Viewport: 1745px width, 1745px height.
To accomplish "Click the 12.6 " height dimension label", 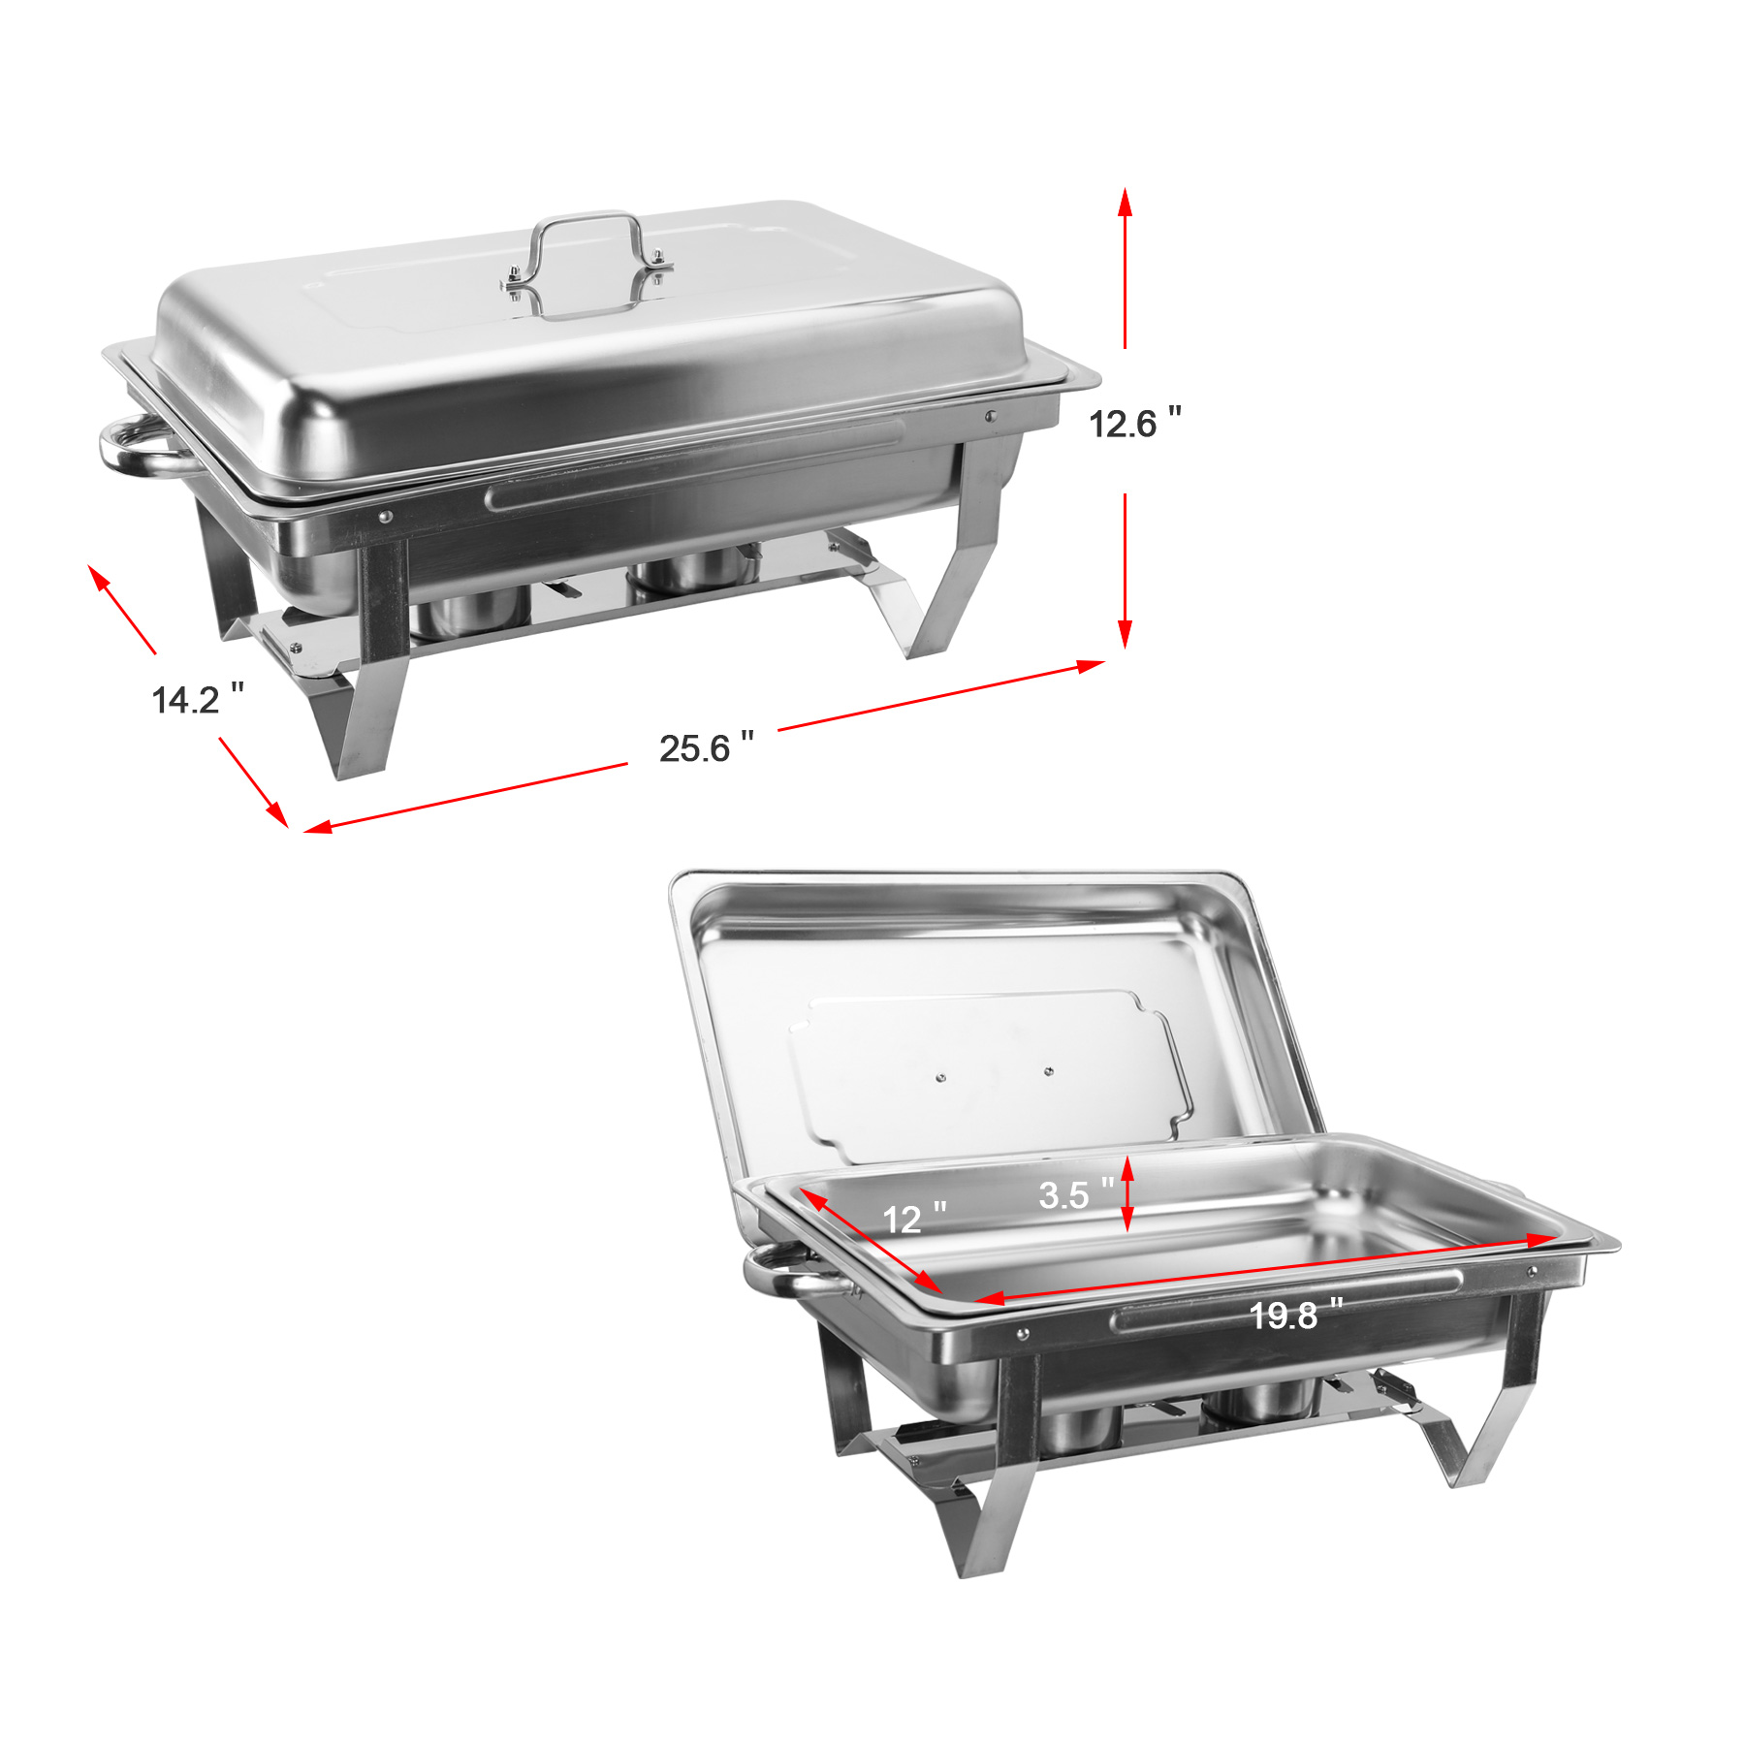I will [1134, 424].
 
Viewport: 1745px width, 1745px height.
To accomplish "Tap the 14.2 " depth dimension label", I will [197, 699].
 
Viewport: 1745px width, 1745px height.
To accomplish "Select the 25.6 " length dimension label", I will [706, 747].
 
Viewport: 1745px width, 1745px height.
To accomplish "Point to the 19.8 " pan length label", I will [1295, 1316].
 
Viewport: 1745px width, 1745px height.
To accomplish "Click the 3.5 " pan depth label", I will [1075, 1194].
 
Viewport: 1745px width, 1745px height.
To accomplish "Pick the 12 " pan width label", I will [913, 1219].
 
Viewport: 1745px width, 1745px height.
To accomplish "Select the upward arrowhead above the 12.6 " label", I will [1125, 201].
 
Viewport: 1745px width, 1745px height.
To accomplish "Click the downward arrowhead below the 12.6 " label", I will [1125, 635].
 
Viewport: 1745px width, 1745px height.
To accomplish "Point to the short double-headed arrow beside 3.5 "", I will [1127, 1193].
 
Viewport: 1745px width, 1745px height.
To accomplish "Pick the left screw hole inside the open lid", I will [940, 1077].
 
